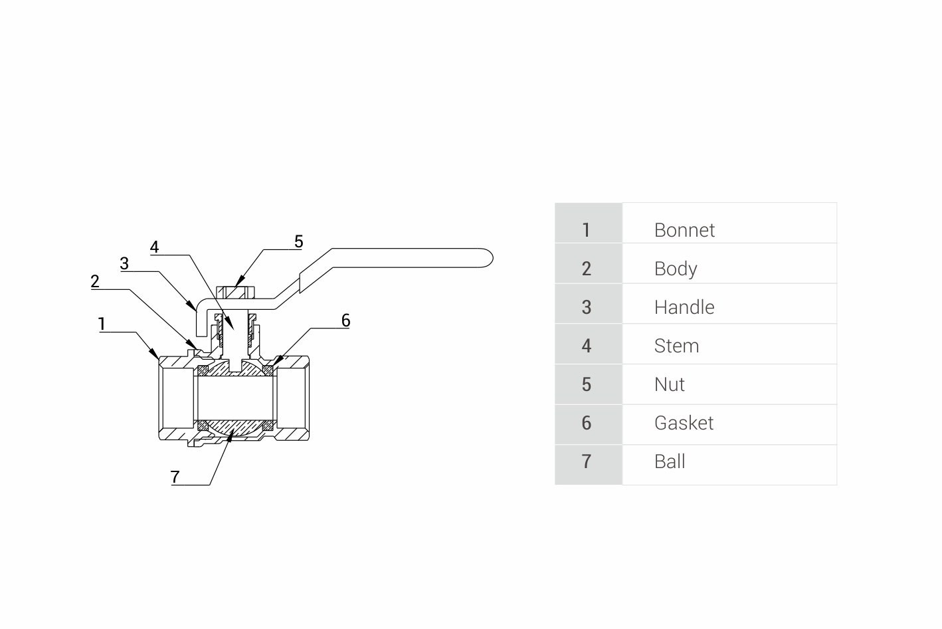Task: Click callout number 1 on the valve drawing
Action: [102, 324]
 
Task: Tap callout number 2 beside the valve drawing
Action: [95, 281]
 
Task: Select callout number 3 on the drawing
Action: [124, 263]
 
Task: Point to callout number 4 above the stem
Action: [154, 247]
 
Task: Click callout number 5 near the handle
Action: [298, 241]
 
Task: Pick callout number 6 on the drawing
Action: [345, 320]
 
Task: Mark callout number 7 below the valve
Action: [175, 477]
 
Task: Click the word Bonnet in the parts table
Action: [684, 230]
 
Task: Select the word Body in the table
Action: [676, 269]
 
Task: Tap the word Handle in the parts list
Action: [684, 307]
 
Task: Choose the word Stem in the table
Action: [676, 346]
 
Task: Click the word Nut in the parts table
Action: [669, 384]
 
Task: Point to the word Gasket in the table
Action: [684, 423]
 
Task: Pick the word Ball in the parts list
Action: [669, 461]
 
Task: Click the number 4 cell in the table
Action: [587, 346]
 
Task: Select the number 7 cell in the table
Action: [587, 461]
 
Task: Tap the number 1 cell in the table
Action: [587, 230]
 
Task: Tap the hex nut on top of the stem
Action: [236, 293]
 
